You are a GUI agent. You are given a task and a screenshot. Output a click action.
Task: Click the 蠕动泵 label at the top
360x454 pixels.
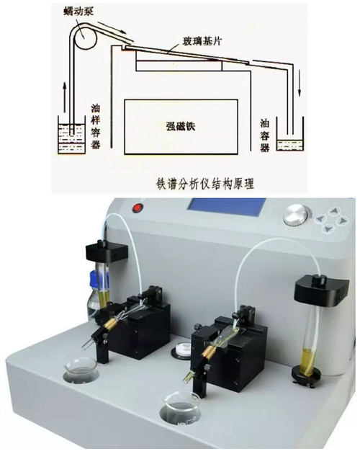point(78,12)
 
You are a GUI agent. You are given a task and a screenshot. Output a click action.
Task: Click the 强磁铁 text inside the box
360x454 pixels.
point(181,126)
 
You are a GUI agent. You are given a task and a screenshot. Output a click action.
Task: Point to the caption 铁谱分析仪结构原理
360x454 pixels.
point(205,184)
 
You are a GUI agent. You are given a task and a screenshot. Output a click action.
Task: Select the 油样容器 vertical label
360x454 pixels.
point(96,127)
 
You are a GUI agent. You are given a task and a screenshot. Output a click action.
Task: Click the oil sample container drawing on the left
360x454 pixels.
point(71,135)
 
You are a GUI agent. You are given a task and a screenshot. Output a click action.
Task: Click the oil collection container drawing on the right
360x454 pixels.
point(290,134)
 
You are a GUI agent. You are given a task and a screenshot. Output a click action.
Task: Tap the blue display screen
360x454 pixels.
point(227,207)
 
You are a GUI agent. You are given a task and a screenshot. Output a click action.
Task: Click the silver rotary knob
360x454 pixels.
point(295,215)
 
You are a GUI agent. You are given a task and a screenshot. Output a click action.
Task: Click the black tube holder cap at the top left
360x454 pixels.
point(107,251)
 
